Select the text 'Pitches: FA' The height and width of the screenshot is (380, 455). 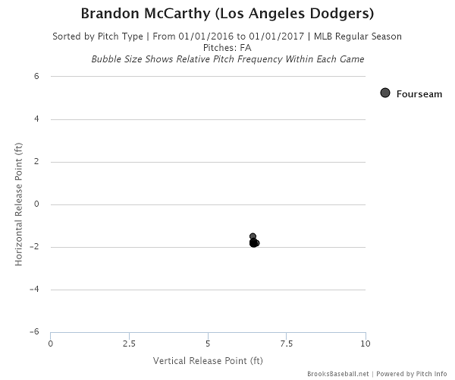pyautogui.click(x=227, y=47)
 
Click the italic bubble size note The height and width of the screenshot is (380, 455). pyautogui.click(x=227, y=59)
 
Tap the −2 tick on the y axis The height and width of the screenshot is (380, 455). pyautogui.click(x=34, y=247)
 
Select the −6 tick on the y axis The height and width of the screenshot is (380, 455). pyautogui.click(x=34, y=332)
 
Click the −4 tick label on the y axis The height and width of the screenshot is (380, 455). pyautogui.click(x=34, y=290)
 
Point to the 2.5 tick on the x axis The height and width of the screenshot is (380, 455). pyautogui.click(x=129, y=344)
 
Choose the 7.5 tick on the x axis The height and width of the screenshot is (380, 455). pyautogui.click(x=287, y=344)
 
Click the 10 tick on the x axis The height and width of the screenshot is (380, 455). pyautogui.click(x=366, y=344)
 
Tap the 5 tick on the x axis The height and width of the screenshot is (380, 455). pyautogui.click(x=208, y=344)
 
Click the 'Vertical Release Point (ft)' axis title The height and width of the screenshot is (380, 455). pyautogui.click(x=208, y=359)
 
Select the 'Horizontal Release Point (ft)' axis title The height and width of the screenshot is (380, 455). pyautogui.click(x=18, y=204)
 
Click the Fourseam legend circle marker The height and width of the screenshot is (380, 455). pyautogui.click(x=385, y=93)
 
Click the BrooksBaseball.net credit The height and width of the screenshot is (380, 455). pyautogui.click(x=337, y=374)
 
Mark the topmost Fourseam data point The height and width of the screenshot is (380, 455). pyautogui.click(x=253, y=236)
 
